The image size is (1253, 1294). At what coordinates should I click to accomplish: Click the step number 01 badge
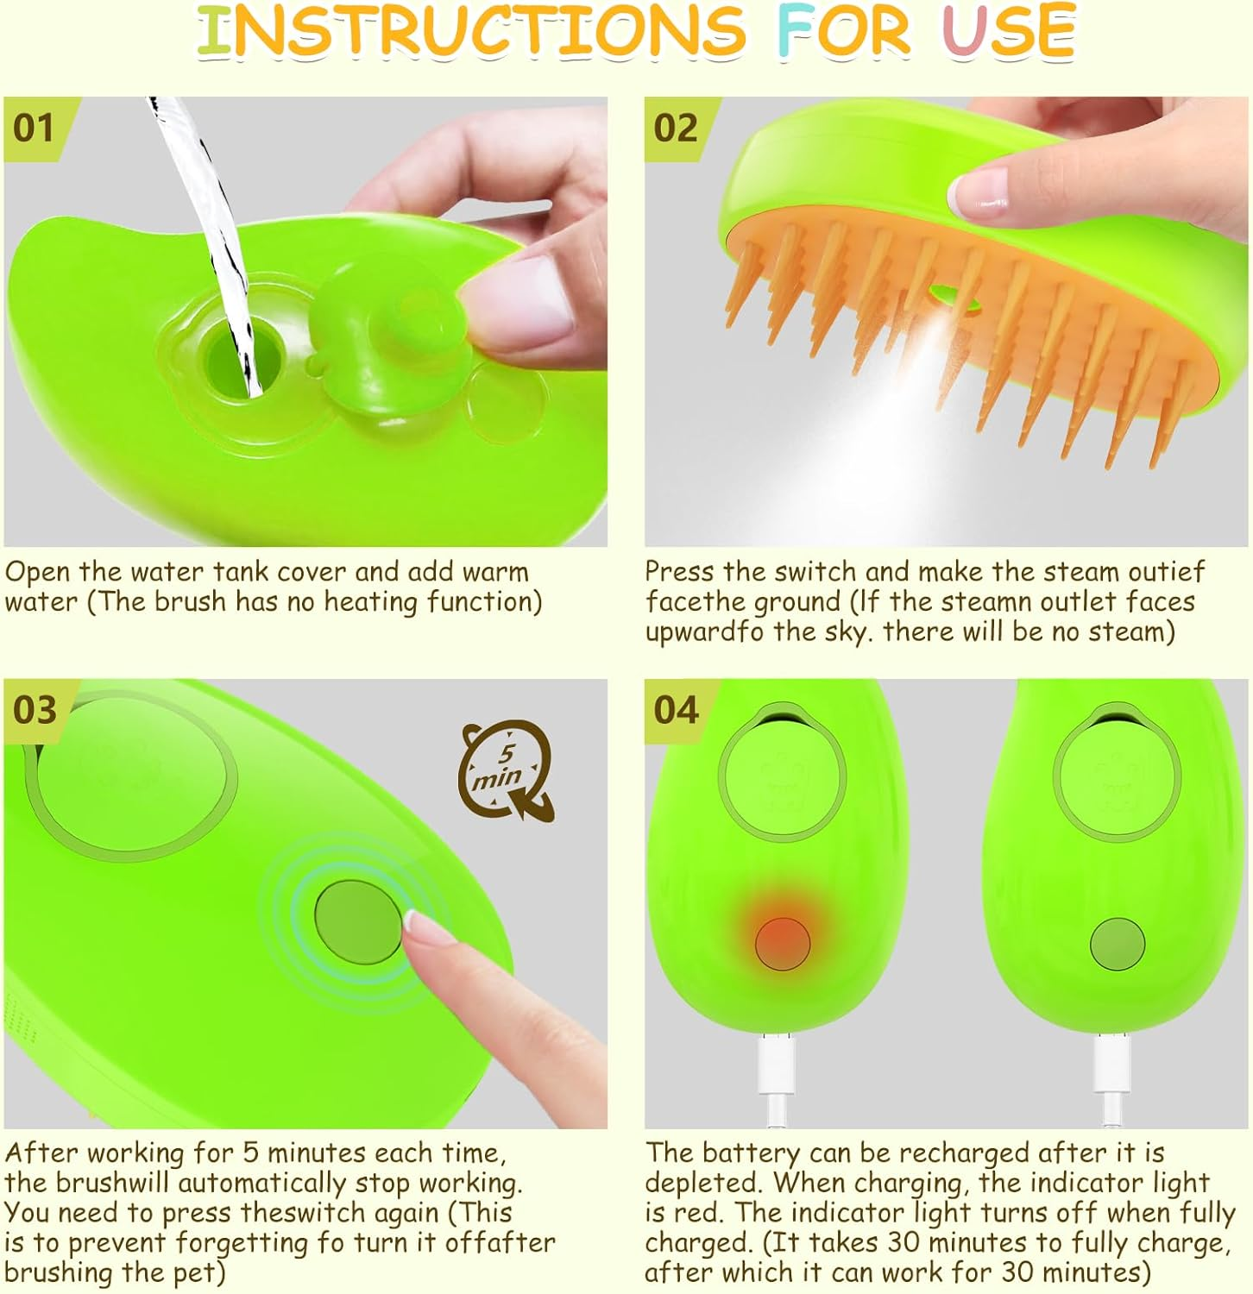(35, 129)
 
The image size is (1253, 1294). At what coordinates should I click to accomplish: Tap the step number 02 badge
(676, 129)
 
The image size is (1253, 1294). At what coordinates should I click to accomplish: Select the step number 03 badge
(35, 710)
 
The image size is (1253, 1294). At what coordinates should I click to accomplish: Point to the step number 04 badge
(676, 710)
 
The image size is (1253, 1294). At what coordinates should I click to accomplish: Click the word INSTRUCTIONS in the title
(470, 31)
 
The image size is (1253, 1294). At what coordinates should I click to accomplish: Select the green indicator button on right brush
(1118, 944)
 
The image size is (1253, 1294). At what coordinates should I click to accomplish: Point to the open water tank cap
(384, 328)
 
